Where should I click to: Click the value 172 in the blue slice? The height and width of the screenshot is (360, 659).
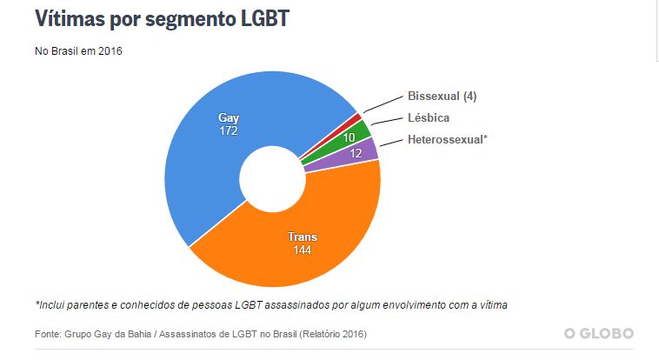[x=229, y=131]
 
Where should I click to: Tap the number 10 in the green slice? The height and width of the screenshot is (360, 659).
[x=349, y=137]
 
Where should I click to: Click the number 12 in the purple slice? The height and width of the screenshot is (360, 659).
[x=356, y=153]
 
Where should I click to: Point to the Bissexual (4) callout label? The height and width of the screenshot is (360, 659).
[x=441, y=96]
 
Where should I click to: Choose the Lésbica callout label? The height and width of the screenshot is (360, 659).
[x=429, y=117]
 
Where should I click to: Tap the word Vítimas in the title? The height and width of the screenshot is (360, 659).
[x=71, y=19]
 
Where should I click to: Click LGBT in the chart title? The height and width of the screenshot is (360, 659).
[x=261, y=19]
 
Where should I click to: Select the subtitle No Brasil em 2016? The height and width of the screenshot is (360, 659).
[x=78, y=51]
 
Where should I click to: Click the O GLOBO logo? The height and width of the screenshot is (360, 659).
[x=598, y=333]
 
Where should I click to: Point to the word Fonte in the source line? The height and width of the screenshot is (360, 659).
[x=49, y=334]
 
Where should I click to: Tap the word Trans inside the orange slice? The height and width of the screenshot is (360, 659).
[x=302, y=237]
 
